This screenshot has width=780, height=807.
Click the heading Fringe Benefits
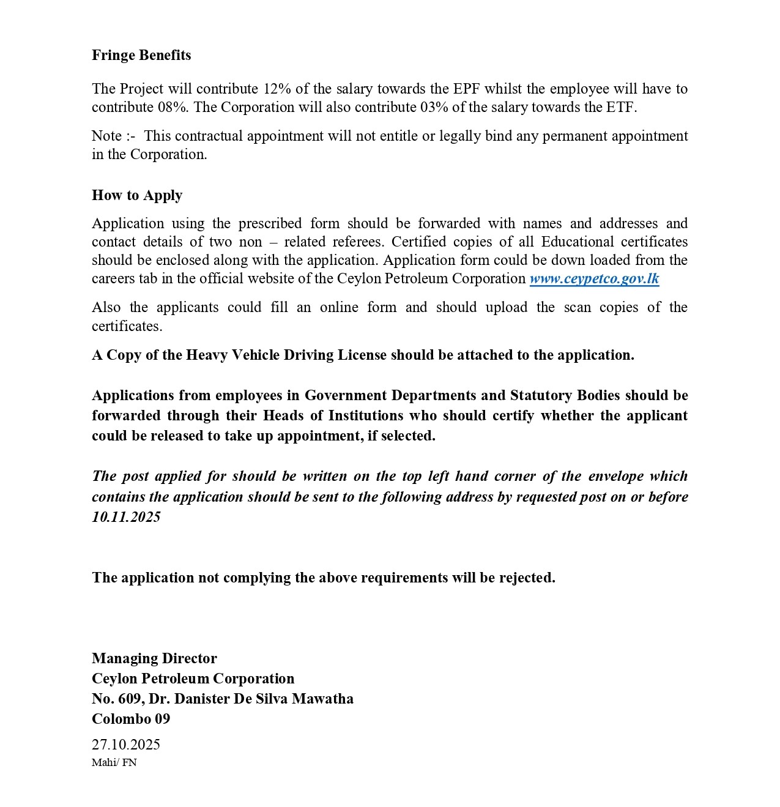(141, 55)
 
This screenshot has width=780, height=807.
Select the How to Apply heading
(137, 195)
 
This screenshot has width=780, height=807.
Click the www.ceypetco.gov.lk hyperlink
(594, 279)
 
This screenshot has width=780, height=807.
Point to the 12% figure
(277, 89)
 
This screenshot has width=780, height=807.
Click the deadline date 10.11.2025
(126, 517)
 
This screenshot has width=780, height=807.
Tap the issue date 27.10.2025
(126, 745)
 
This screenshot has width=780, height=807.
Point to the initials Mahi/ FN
(114, 762)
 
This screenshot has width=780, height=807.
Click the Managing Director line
(154, 658)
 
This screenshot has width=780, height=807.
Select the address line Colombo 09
(131, 719)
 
